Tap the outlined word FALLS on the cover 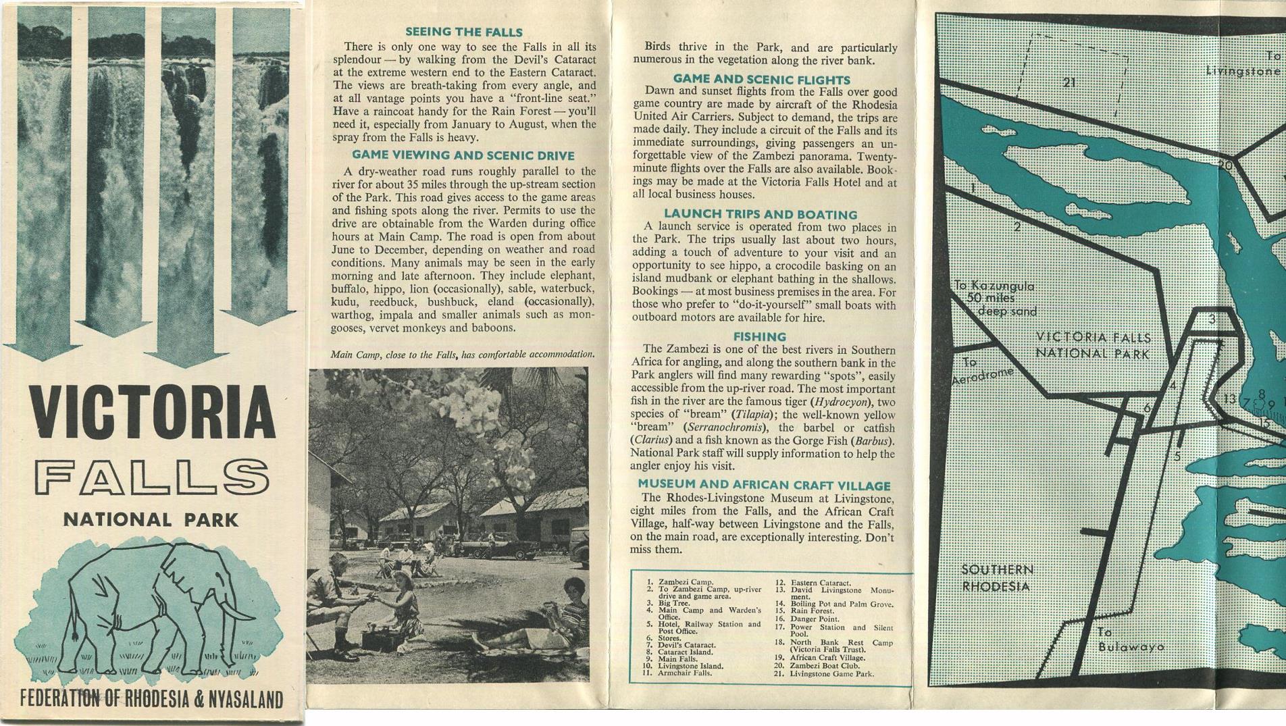pyautogui.click(x=152, y=477)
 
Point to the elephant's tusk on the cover pyautogui.click(x=237, y=613)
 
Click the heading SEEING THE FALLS pyautogui.click(x=463, y=32)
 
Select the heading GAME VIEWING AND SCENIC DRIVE pyautogui.click(x=463, y=155)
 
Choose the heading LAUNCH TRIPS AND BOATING pyautogui.click(x=761, y=214)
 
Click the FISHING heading pyautogui.click(x=760, y=336)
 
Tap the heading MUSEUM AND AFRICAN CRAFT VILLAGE pyautogui.click(x=764, y=484)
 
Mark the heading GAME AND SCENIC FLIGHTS pyautogui.click(x=761, y=80)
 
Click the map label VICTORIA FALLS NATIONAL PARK pyautogui.click(x=1093, y=344)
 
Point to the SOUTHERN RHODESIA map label pyautogui.click(x=997, y=578)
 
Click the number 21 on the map pyautogui.click(x=1069, y=83)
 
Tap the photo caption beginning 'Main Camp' pyautogui.click(x=463, y=355)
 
